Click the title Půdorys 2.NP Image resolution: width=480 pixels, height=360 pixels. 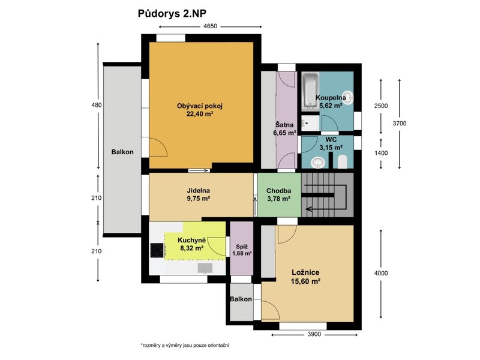(x=172, y=14)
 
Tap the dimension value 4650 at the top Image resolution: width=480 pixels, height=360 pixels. (x=211, y=26)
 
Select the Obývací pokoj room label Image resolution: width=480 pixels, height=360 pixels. (x=200, y=106)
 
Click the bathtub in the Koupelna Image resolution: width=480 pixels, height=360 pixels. (x=310, y=91)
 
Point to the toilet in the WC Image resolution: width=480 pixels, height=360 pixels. (x=342, y=161)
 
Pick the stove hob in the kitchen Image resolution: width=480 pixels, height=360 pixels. (x=157, y=250)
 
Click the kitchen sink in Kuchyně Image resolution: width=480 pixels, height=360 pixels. (x=205, y=268)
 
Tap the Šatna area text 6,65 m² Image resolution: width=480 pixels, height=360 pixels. (x=284, y=133)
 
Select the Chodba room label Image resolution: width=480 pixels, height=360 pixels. (x=278, y=191)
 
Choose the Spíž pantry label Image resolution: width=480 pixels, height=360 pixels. (x=242, y=247)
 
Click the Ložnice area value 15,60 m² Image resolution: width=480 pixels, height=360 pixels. (x=305, y=281)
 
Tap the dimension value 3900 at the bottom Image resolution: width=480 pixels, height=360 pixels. (x=314, y=334)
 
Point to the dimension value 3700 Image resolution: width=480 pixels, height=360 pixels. (x=400, y=124)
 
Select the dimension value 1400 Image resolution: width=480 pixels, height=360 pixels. (x=381, y=153)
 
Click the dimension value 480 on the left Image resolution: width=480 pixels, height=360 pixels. (x=97, y=105)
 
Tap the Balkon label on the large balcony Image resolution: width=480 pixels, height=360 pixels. (x=122, y=152)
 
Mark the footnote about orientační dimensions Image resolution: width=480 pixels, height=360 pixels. (x=185, y=346)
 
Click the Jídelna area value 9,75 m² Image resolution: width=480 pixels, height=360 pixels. (x=199, y=199)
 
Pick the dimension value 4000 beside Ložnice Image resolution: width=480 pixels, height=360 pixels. (x=381, y=273)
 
